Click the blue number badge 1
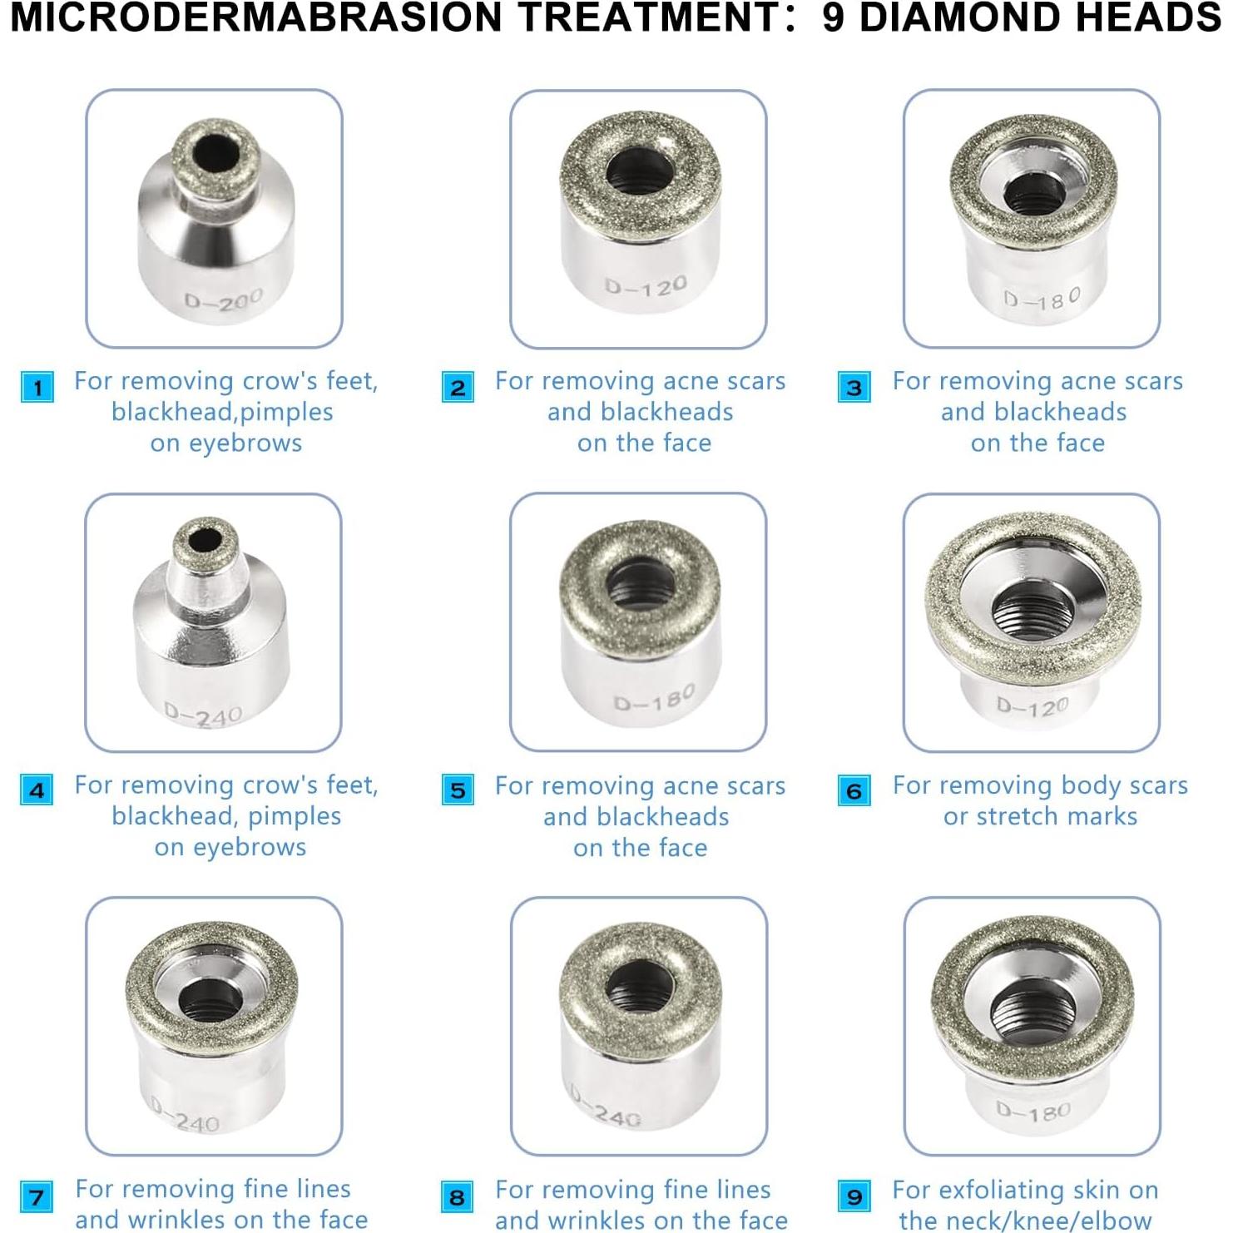(x=37, y=388)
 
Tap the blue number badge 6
(x=854, y=790)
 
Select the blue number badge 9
(x=854, y=1197)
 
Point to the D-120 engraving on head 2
(x=646, y=287)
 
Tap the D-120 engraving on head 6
(x=1032, y=706)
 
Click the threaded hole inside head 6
(x=1032, y=614)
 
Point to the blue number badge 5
(x=458, y=790)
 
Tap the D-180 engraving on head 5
(x=654, y=699)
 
